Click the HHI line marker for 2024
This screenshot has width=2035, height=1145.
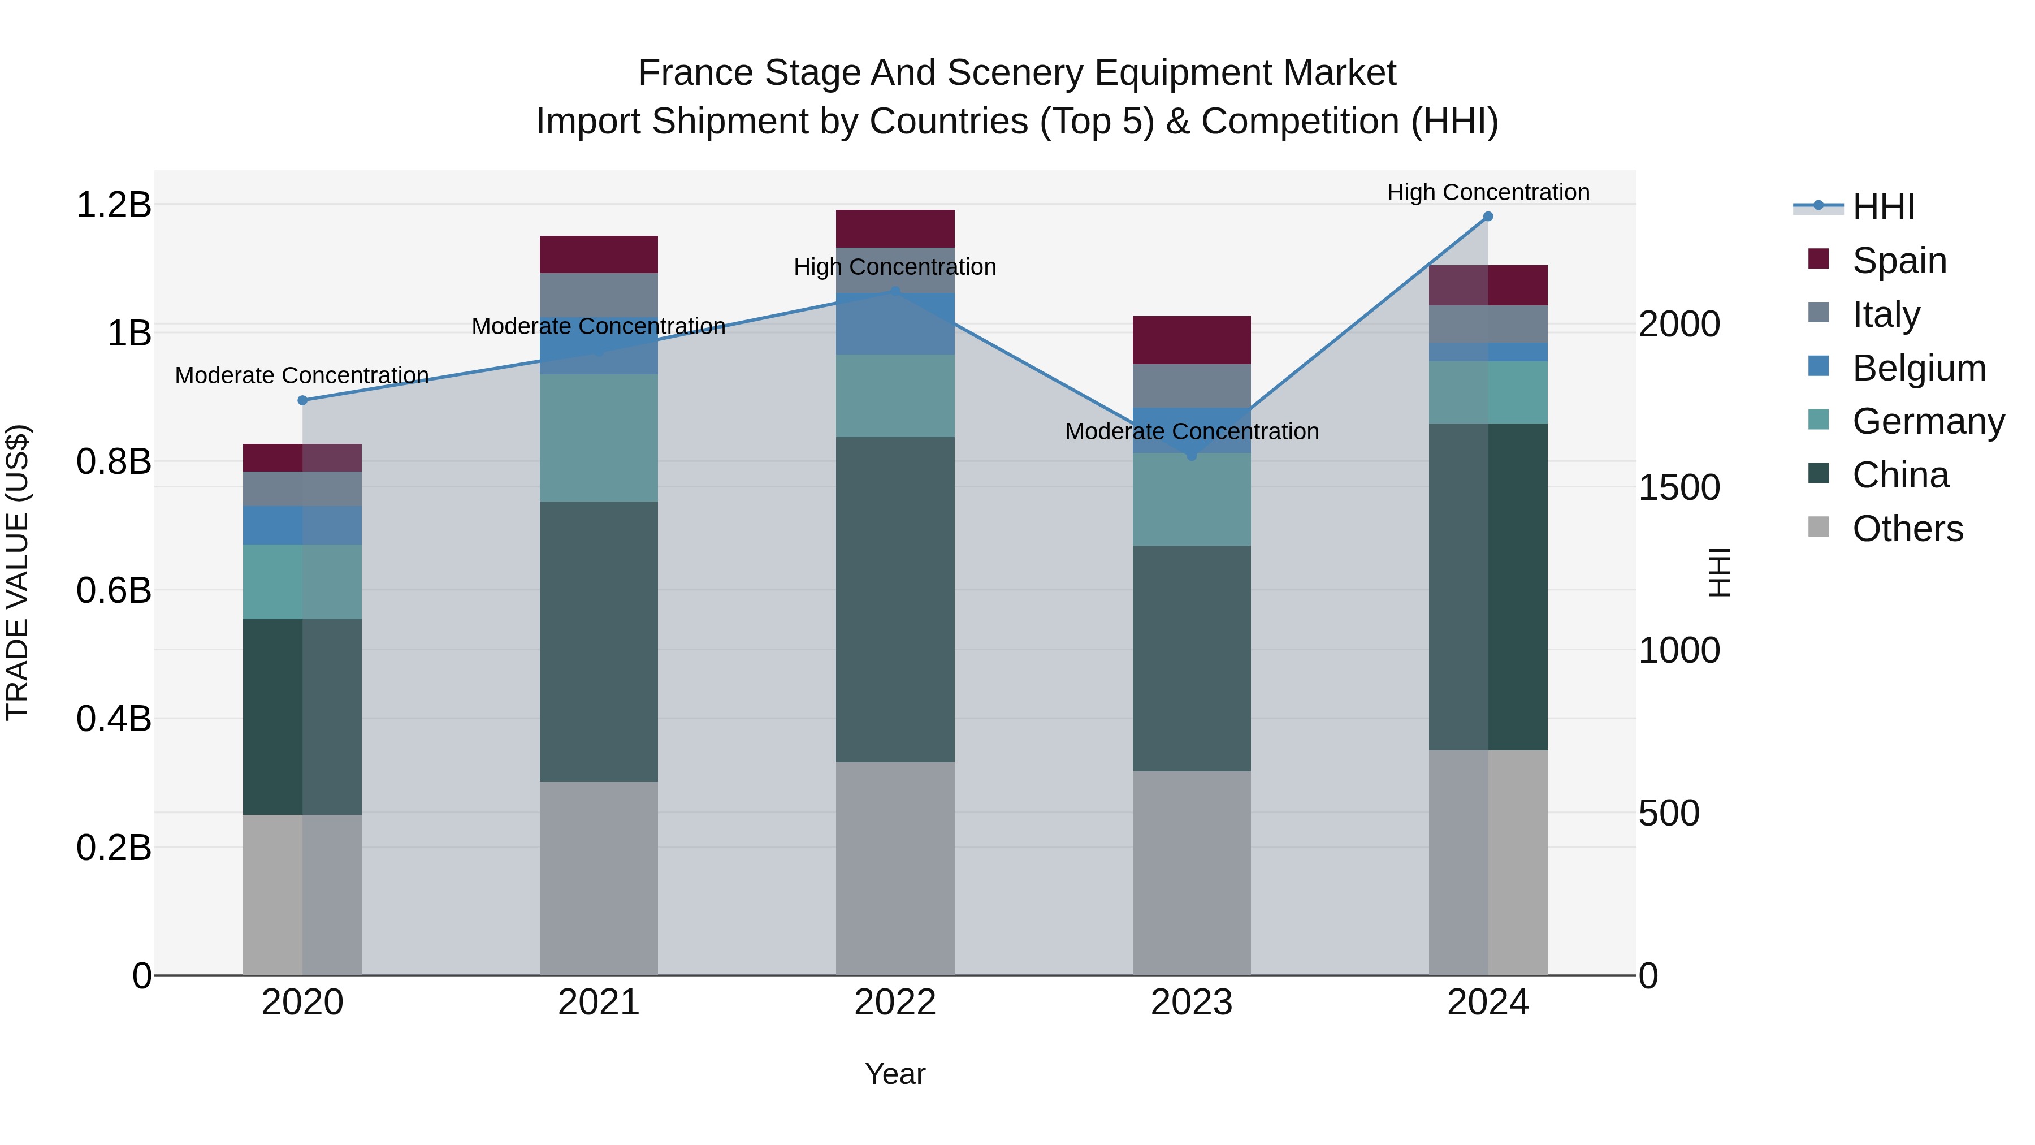1488,216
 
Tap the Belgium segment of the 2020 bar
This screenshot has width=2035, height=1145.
302,525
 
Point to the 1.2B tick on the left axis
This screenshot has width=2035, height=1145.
113,205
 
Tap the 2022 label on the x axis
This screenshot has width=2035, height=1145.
895,1003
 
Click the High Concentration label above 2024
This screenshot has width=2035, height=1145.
1488,192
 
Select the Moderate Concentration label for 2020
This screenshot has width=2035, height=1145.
302,375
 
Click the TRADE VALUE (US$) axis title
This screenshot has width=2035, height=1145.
18,572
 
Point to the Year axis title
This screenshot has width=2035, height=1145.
895,1074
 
